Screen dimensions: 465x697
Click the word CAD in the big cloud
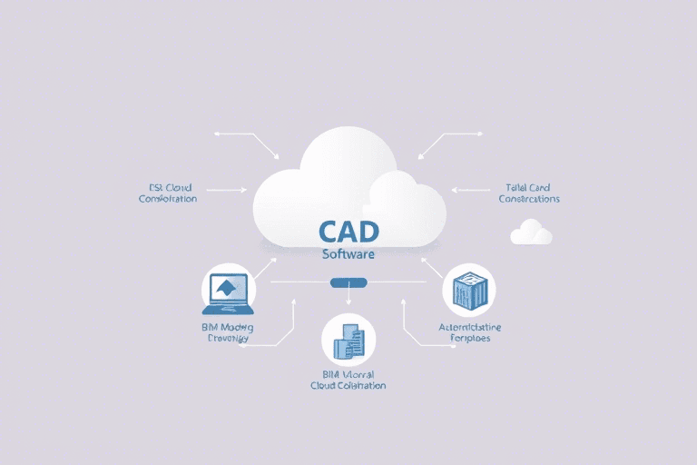pos(348,232)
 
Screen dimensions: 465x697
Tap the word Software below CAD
pos(348,255)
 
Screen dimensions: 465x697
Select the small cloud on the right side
pos(531,232)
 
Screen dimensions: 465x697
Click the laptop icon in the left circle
pos(229,291)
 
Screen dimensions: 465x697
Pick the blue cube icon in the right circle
pos(468,291)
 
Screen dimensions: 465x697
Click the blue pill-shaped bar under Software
pos(348,282)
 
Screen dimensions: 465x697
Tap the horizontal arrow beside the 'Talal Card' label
pos(469,191)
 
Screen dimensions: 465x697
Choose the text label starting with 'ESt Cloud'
pos(167,193)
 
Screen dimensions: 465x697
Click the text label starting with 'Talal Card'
pos(529,193)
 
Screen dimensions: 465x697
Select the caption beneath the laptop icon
pos(227,331)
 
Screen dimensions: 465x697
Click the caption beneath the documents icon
pos(348,380)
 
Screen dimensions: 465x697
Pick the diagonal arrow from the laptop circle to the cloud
pos(265,266)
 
